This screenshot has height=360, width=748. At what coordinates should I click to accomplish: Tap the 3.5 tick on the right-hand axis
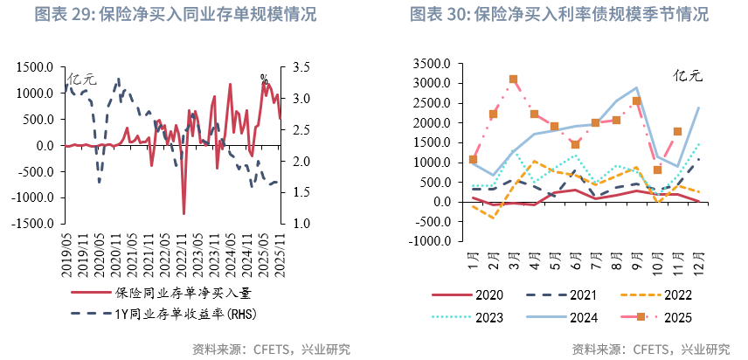tap(302, 67)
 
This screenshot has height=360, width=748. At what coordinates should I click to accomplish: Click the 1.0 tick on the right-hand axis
tap(302, 224)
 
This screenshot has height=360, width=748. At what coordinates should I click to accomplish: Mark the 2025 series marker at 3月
tap(514, 80)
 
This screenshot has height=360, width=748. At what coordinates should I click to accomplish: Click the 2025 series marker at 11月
tap(678, 132)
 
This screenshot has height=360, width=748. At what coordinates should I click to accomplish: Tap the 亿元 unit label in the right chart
tap(688, 76)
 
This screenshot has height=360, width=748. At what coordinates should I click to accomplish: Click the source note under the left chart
tap(271, 349)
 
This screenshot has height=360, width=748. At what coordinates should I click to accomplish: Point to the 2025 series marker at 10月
tap(658, 170)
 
